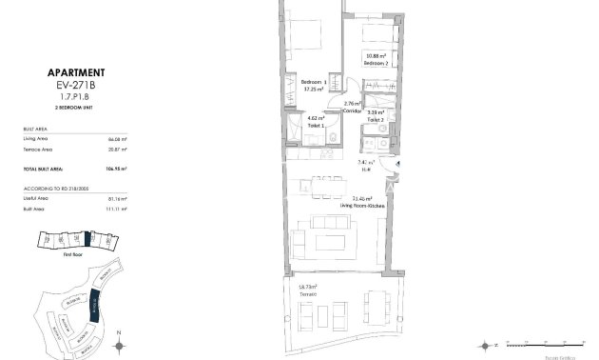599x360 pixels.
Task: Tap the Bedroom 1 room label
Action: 314,86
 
